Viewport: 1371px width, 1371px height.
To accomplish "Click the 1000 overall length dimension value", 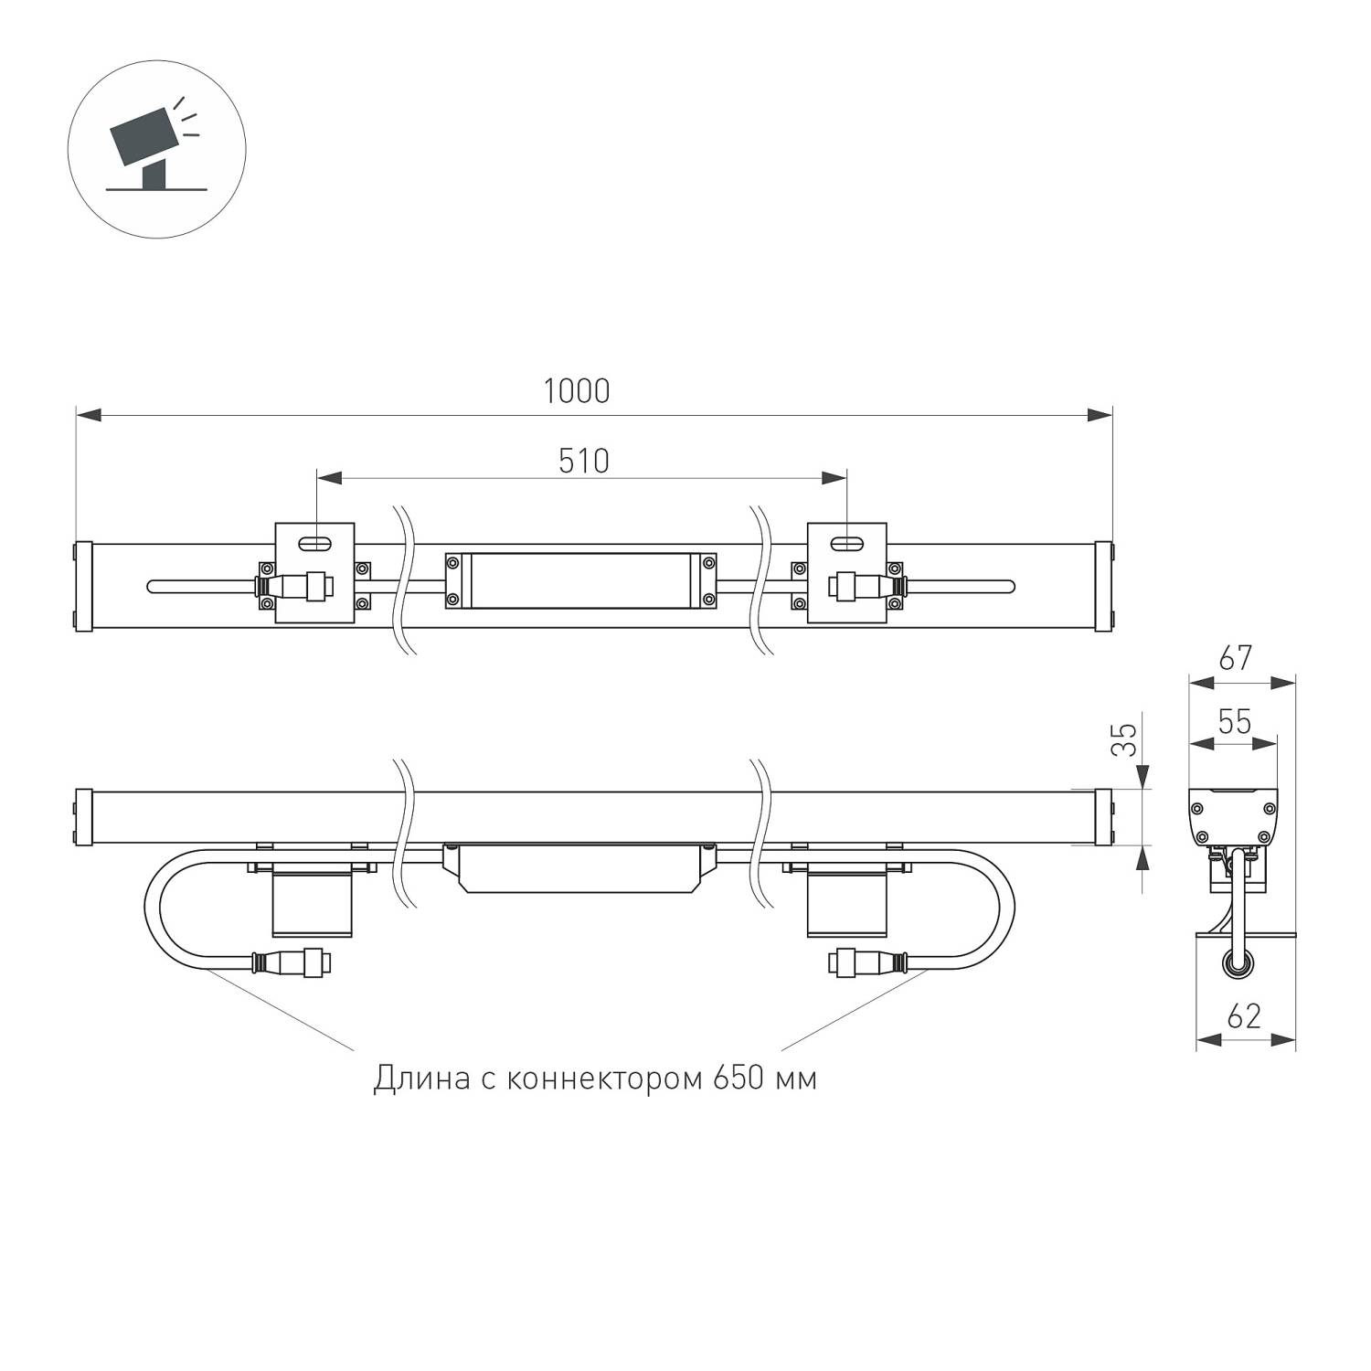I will (576, 391).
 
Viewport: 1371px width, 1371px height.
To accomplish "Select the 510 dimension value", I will (583, 461).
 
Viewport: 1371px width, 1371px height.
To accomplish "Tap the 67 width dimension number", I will (1234, 658).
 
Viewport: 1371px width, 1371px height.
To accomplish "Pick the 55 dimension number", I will (1234, 722).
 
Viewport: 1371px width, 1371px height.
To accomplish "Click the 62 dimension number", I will (1244, 1015).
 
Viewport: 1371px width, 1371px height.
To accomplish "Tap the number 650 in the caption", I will (739, 1079).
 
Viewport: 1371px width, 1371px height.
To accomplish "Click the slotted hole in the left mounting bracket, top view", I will (314, 545).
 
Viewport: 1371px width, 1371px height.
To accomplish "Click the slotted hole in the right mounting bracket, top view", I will (846, 545).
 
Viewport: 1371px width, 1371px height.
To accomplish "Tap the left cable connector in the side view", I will (290, 962).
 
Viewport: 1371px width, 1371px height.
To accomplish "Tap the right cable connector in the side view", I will (868, 962).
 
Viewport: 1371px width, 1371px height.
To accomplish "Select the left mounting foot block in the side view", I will (313, 903).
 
